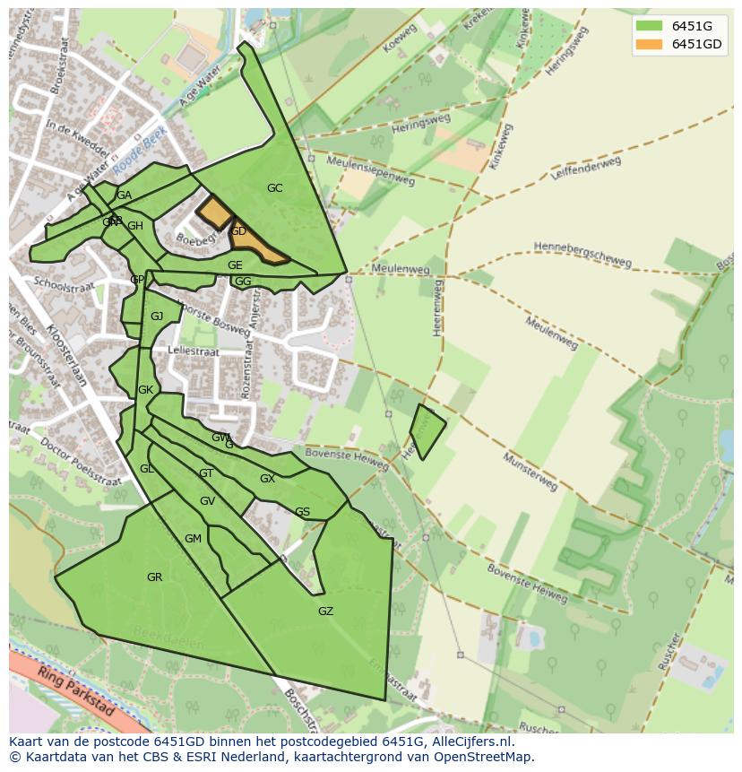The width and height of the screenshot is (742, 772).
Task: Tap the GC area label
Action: pos(274,188)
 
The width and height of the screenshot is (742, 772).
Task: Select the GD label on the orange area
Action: pos(238,231)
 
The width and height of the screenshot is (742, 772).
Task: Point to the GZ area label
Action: pos(325,612)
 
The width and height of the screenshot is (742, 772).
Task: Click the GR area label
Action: pos(154,577)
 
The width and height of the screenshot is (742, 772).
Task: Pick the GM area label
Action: pos(193,539)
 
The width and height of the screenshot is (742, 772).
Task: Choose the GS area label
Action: pos(302,513)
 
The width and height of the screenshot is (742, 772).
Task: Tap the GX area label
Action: pos(267,479)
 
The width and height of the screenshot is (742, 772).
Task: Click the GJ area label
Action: pos(157,317)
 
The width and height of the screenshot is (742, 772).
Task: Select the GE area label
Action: pos(235,265)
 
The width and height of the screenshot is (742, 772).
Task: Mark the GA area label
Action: pos(124,195)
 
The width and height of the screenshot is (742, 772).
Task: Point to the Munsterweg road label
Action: pos(530,472)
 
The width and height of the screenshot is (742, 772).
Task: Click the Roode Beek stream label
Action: pos(140,150)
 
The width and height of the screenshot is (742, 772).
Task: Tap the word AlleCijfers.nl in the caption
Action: pos(470,742)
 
